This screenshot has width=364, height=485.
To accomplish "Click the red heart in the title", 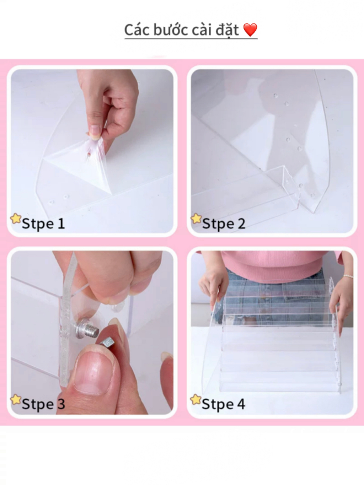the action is (x=250, y=30).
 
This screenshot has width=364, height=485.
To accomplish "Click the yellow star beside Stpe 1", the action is (x=16, y=219).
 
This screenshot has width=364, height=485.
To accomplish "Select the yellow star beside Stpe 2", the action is (x=196, y=219).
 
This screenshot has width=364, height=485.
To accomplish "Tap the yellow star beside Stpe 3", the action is (x=16, y=399).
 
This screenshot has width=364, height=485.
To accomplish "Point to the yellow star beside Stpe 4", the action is (x=196, y=399).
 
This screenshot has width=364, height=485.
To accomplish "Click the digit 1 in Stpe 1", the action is (x=61, y=223).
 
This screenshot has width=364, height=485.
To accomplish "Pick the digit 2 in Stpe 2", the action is (x=241, y=223).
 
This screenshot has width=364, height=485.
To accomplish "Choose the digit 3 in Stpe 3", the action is (x=61, y=404).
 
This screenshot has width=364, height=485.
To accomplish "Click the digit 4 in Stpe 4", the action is (x=241, y=404).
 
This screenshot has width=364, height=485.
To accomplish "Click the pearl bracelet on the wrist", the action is (x=348, y=276).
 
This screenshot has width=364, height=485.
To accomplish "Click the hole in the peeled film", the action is (x=89, y=154).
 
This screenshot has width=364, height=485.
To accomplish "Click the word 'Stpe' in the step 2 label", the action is (x=218, y=224).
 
